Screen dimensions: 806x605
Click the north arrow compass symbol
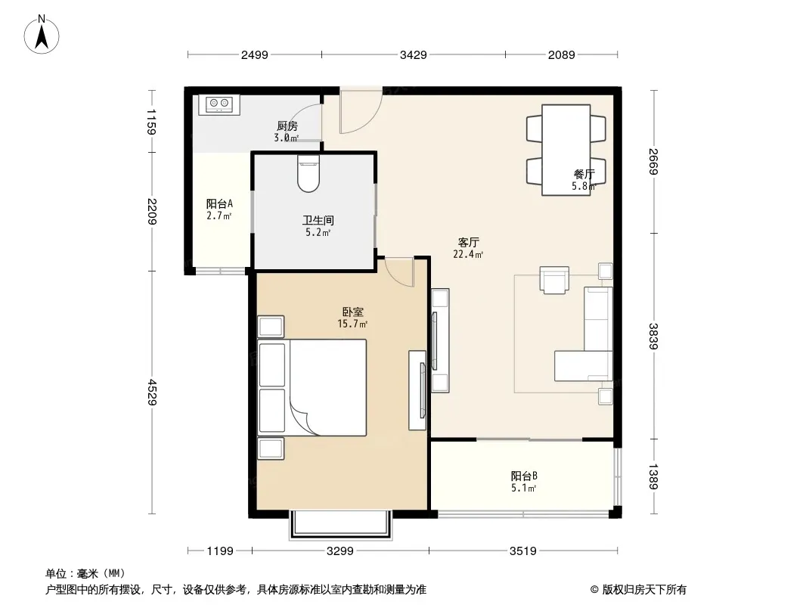click(42, 34)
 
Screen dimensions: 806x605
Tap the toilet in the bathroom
click(308, 174)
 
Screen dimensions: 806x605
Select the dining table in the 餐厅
click(566, 150)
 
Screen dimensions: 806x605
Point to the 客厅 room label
click(468, 242)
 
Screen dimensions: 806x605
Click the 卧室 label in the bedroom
click(352, 312)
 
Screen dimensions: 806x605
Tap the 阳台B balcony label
click(524, 476)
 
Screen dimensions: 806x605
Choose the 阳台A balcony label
click(219, 203)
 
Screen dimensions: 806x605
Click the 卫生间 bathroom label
click(318, 221)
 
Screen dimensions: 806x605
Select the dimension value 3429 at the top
click(414, 54)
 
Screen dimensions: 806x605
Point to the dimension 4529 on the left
click(152, 392)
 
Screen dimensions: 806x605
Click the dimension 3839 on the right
click(653, 337)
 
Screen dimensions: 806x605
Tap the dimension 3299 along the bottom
click(340, 551)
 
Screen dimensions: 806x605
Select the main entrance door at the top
click(361, 110)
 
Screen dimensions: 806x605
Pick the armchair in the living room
click(554, 280)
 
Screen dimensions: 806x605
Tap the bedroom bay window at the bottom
click(341, 524)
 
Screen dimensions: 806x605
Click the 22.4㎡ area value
click(468, 254)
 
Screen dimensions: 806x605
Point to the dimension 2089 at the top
click(561, 54)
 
